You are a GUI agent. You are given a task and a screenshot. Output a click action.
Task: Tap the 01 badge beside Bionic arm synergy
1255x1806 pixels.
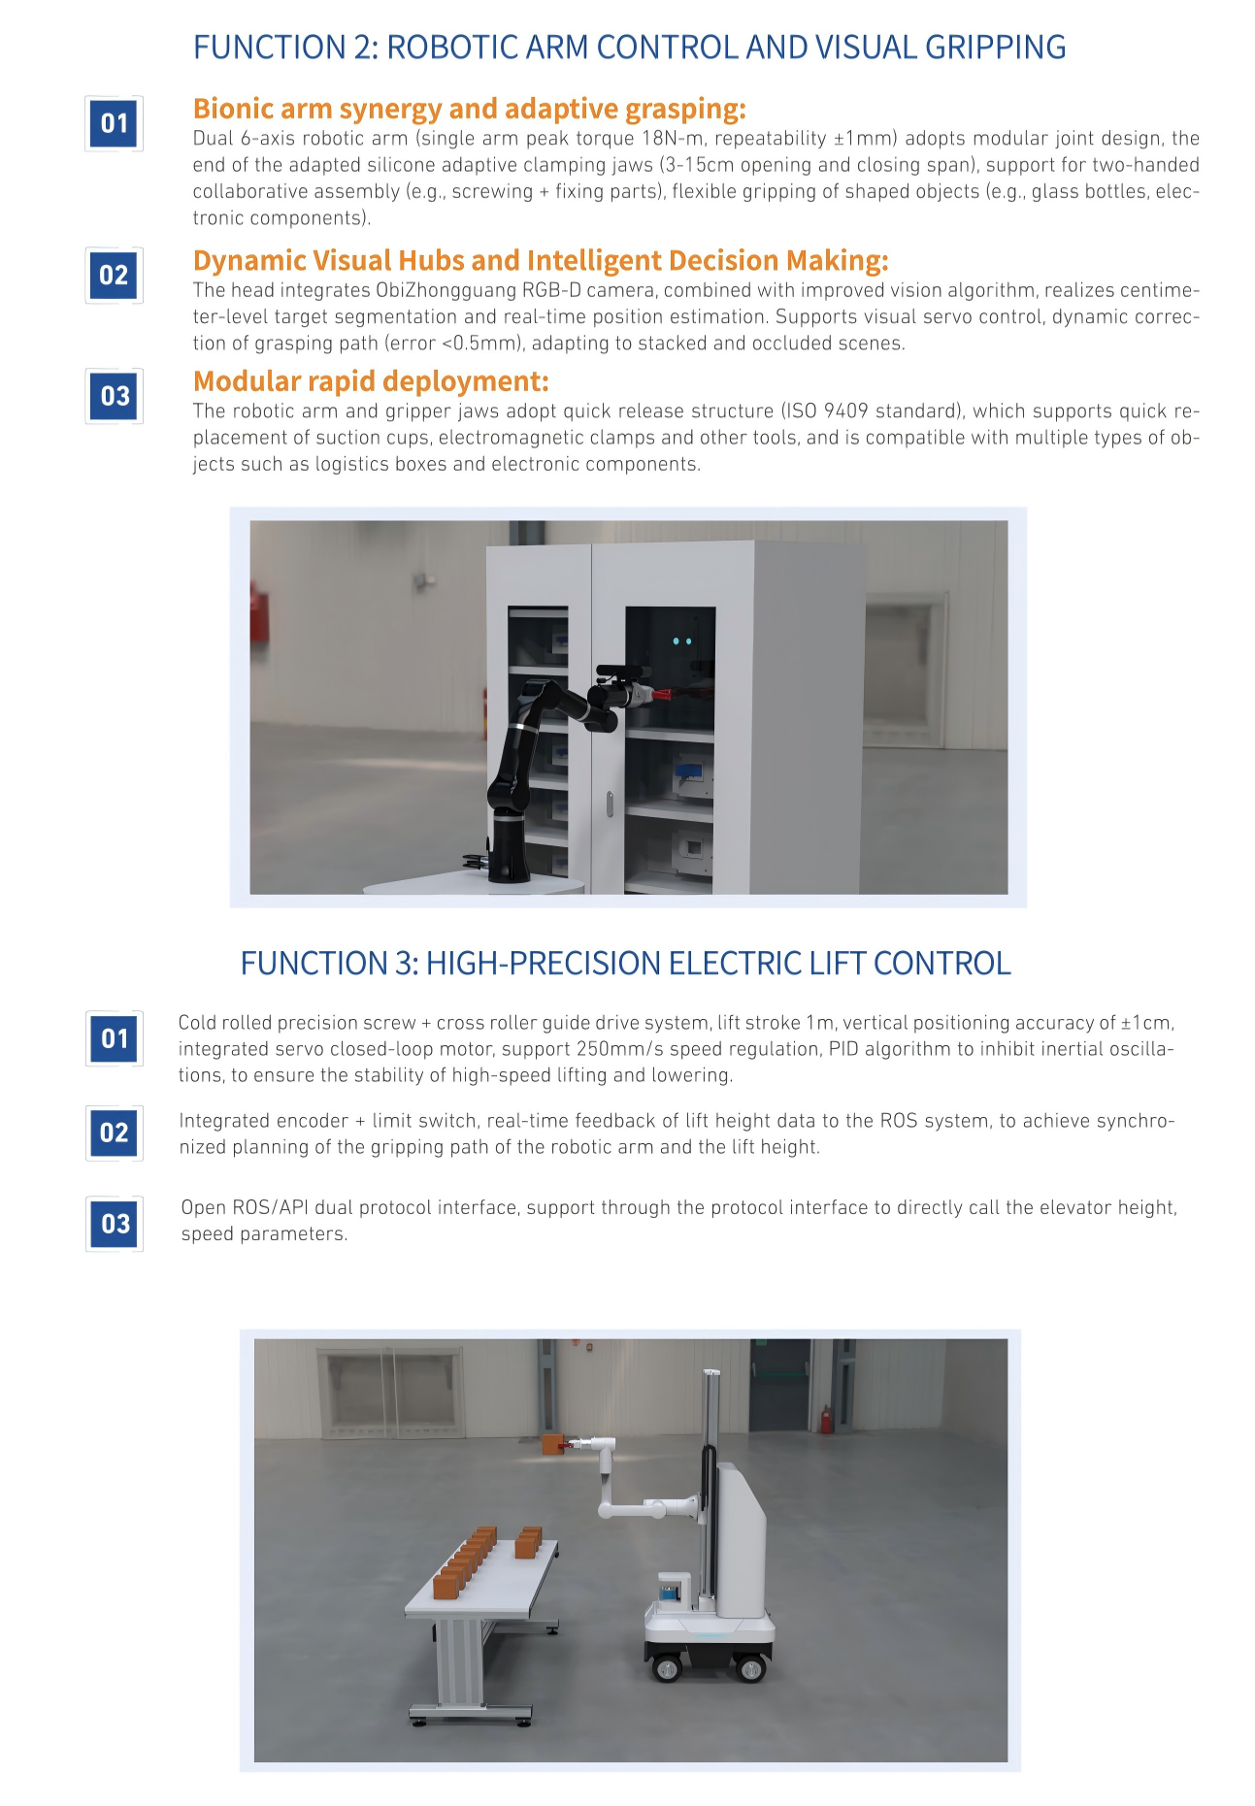115,123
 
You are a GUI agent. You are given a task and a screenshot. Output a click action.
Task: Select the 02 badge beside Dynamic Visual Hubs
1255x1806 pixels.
115,276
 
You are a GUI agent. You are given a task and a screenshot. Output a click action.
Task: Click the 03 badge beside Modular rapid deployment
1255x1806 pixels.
115,396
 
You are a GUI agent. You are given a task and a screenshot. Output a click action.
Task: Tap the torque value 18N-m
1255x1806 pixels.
673,138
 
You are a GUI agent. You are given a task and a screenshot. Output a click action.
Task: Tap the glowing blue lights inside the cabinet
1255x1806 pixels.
682,641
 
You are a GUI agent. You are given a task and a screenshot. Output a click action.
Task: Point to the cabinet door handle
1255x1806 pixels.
610,804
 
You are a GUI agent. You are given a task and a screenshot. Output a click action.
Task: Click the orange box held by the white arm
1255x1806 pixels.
554,1443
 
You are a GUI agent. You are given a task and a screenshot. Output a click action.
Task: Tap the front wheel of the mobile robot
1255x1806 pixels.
667,1668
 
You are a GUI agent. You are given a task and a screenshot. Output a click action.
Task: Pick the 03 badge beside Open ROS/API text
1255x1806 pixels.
115,1224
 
